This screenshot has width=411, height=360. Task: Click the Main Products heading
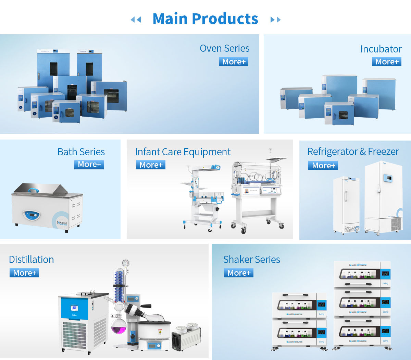click(205, 19)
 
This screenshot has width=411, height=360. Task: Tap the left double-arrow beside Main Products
click(136, 20)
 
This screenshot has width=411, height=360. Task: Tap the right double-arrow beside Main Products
click(275, 20)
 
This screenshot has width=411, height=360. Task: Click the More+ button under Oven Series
click(234, 62)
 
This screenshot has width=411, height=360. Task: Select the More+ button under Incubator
click(387, 62)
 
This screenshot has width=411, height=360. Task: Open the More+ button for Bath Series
click(89, 164)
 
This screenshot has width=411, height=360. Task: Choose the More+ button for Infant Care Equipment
click(151, 165)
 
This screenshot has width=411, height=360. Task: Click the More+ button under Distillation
click(24, 273)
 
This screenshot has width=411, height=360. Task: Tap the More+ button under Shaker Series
click(239, 273)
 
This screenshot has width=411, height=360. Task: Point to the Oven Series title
click(224, 48)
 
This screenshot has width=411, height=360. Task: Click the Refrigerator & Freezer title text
click(353, 152)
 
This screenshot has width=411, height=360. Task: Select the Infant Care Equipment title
click(183, 152)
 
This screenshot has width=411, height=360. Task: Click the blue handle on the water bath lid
click(34, 190)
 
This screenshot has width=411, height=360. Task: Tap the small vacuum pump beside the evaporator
click(186, 337)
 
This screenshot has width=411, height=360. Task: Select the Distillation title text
click(32, 260)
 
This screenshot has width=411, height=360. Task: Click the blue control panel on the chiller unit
click(74, 308)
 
